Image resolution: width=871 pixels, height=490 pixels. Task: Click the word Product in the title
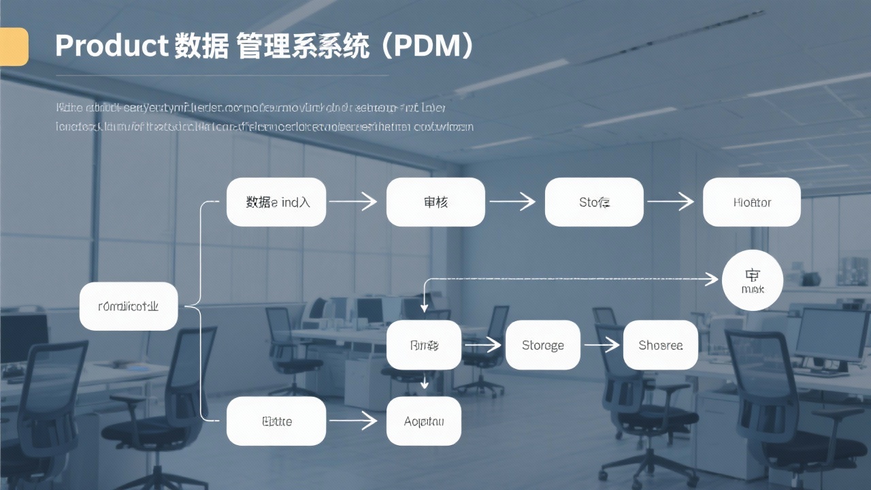(x=111, y=46)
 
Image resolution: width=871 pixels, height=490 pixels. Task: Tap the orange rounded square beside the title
(x=14, y=47)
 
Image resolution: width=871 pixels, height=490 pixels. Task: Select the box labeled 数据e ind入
(x=276, y=202)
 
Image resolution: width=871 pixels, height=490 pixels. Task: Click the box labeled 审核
(x=435, y=202)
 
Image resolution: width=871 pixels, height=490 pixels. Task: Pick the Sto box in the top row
(x=594, y=202)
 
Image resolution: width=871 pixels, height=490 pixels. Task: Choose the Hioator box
(x=752, y=202)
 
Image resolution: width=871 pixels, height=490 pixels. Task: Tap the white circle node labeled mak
(x=752, y=280)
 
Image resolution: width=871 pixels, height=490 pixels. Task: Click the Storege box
(x=543, y=345)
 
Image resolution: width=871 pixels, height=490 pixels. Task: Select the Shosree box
(x=661, y=345)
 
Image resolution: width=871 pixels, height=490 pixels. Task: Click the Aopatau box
(x=424, y=421)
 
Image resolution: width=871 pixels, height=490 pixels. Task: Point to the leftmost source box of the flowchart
(x=129, y=306)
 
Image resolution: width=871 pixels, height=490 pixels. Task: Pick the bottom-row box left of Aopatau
(x=276, y=421)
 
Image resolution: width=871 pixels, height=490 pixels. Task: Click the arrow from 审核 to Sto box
(x=513, y=201)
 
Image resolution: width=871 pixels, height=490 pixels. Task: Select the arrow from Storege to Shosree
(x=602, y=345)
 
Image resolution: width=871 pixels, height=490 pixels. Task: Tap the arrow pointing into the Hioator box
(x=671, y=201)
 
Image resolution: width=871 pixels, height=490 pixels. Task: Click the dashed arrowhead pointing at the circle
(x=712, y=279)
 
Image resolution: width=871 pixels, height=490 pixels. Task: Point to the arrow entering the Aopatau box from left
(x=354, y=421)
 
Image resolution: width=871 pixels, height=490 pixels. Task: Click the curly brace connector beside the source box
(x=195, y=306)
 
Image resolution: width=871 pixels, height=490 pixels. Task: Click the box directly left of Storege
(x=424, y=345)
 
